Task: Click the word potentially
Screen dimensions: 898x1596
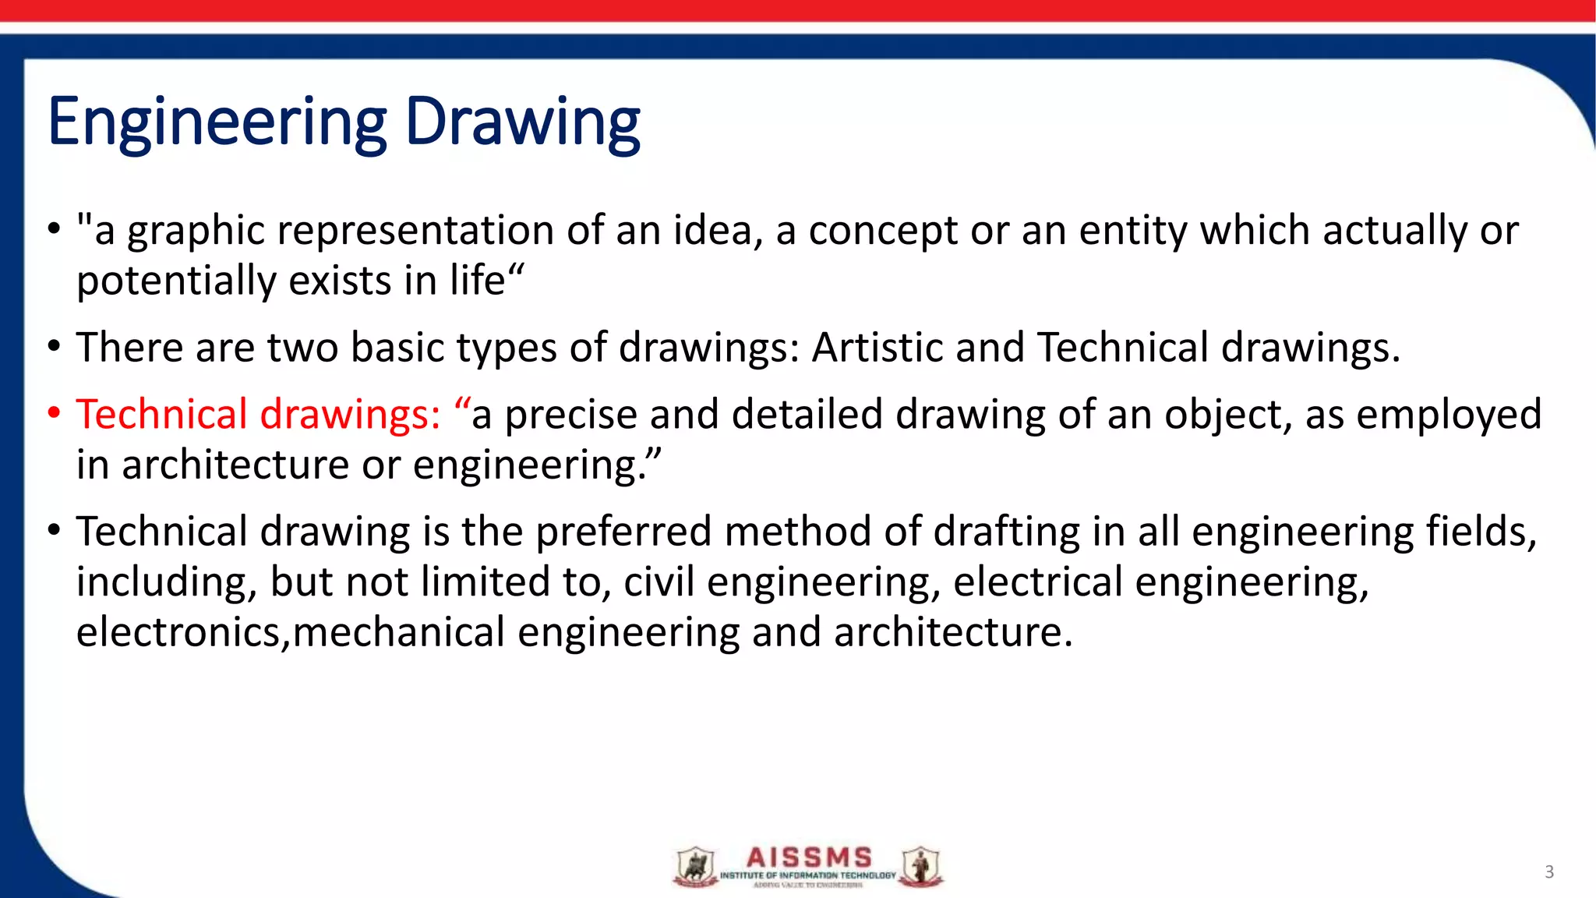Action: click(176, 281)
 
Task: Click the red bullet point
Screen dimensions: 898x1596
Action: click(53, 413)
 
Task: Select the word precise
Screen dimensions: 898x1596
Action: click(571, 414)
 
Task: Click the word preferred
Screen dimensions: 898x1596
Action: click(623, 532)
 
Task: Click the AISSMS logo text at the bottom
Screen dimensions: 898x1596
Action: click(808, 858)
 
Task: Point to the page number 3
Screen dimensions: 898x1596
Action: click(1549, 872)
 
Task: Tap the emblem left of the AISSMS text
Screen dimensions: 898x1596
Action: click(695, 867)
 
